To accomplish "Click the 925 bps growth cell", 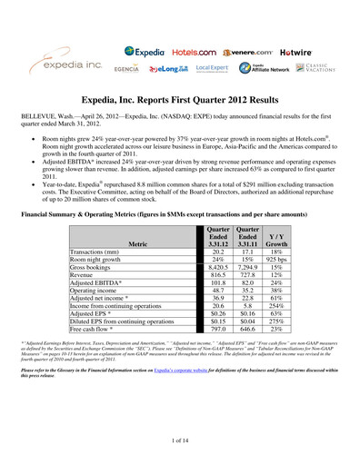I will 278,260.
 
